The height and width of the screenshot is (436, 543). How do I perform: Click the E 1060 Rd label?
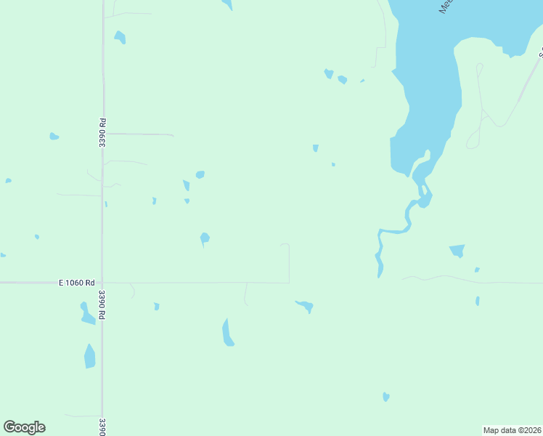pos(78,283)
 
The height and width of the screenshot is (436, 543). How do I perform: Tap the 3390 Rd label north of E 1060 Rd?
pos(102,134)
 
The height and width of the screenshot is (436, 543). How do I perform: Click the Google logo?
pos(24,427)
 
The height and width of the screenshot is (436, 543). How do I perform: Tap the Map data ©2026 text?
pos(513,430)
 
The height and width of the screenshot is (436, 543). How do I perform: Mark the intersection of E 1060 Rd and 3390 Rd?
pos(102,283)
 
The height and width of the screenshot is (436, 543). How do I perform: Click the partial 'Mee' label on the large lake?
pos(445,7)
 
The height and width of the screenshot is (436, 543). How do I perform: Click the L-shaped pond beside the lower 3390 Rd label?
pos(86,313)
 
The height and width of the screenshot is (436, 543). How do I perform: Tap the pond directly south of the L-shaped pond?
pos(89,357)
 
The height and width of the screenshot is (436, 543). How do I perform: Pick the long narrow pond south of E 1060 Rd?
pos(227,333)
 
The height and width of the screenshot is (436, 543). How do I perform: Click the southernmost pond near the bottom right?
pos(386,397)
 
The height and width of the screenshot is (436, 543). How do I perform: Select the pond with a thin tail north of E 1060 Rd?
pos(205,238)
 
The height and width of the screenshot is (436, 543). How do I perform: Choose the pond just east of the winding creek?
pos(457,251)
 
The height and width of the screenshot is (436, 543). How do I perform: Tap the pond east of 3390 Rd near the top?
pos(120,37)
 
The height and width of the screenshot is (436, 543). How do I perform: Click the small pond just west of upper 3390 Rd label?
pos(54,136)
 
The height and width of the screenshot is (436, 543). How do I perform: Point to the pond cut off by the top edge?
pos(228,4)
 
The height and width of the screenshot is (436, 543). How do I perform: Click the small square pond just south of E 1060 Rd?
pos(157,307)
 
